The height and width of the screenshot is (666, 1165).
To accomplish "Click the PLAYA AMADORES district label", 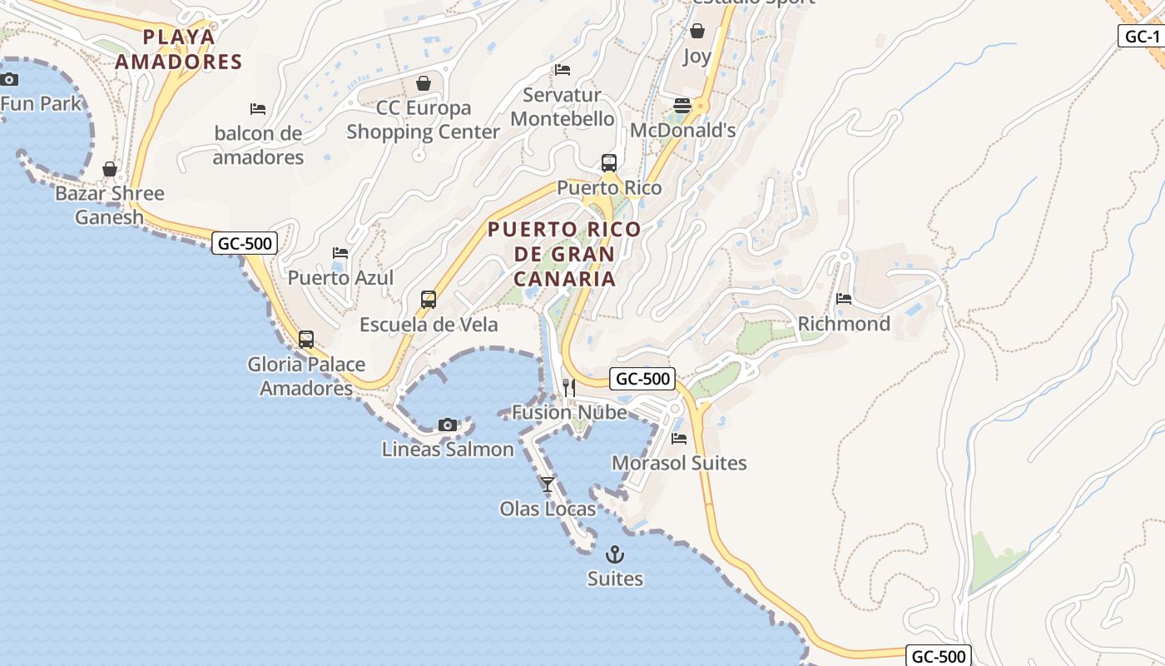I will (179, 49).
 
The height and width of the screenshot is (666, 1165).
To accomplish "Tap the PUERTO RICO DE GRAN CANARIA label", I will (565, 254).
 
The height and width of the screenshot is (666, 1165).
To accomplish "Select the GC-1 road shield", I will (1142, 36).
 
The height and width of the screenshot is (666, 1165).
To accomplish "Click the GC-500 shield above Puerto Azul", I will (245, 243).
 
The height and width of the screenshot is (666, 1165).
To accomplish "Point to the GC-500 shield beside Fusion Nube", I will (642, 379).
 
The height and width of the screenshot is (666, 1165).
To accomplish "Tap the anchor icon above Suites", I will (615, 554).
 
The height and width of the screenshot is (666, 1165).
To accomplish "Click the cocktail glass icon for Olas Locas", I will (548, 484).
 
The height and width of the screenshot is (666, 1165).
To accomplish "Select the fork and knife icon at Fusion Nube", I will (569, 387).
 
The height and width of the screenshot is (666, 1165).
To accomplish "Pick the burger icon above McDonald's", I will (682, 106).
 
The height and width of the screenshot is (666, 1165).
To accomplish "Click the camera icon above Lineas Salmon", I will (448, 425).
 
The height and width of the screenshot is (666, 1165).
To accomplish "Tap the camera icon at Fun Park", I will (9, 79).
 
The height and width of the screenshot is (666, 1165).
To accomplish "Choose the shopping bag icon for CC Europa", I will (424, 83).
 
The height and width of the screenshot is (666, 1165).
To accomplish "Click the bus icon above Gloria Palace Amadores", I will (306, 340).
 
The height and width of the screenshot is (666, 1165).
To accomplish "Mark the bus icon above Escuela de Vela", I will (429, 300).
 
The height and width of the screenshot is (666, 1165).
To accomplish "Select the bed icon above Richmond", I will (844, 299).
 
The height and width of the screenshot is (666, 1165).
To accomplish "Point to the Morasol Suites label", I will (679, 463).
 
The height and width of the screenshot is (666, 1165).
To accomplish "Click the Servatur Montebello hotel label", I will (563, 107).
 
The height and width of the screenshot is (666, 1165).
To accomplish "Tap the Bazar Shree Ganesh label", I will (109, 205).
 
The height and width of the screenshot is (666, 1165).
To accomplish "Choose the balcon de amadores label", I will (258, 145).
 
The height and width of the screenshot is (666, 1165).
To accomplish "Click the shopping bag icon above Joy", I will (697, 32).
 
